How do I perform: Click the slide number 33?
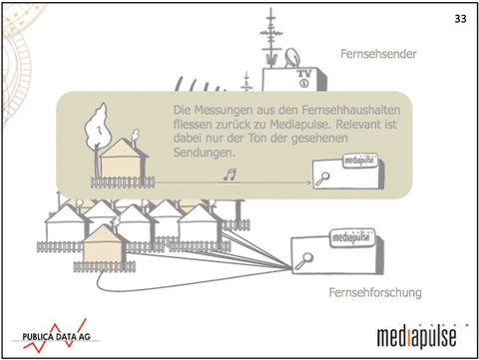coord(460,19)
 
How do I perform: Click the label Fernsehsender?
coord(378,54)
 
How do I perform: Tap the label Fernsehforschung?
coord(375,292)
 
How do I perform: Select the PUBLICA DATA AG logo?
coord(56,336)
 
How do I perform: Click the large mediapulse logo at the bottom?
coord(420,336)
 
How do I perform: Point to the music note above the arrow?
coord(230,175)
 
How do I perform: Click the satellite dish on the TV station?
coord(292,58)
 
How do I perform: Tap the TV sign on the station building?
coord(304,78)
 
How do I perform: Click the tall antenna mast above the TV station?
coord(271,37)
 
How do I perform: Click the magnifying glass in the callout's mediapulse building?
coord(322,179)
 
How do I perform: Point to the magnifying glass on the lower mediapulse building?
coord(303,260)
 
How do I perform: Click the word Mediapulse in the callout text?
coord(299,125)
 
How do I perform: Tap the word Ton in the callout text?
coord(257,138)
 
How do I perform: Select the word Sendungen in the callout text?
coord(205,153)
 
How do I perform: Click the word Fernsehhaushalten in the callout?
coord(351,110)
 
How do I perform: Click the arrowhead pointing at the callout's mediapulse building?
coord(308,182)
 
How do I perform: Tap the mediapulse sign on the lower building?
coord(351,237)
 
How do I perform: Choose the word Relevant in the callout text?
coord(358,125)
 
